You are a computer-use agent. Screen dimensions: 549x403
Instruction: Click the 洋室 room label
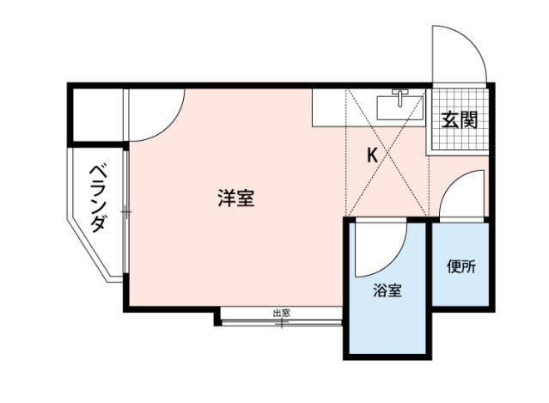pyautogui.click(x=236, y=198)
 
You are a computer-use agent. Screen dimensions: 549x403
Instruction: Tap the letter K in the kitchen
pyautogui.click(x=372, y=155)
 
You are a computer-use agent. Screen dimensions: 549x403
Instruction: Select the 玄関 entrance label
pyautogui.click(x=460, y=119)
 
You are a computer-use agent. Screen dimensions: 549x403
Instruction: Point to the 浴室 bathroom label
pyautogui.click(x=387, y=290)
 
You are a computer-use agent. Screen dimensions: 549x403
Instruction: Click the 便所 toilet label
pyautogui.click(x=461, y=266)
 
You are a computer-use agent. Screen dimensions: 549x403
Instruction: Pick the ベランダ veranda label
pyautogui.click(x=98, y=198)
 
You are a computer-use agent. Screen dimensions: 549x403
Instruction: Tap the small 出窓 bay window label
pyautogui.click(x=282, y=313)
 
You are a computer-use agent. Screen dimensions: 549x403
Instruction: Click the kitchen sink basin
pyautogui.click(x=400, y=107)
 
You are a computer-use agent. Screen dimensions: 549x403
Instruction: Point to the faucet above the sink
pyautogui.click(x=400, y=96)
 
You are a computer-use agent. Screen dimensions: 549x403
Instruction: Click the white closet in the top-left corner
pyautogui.click(x=98, y=114)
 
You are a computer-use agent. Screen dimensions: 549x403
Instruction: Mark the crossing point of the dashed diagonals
pyautogui.click(x=387, y=153)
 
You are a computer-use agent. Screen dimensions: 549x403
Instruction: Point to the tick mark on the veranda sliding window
pyautogui.click(x=126, y=212)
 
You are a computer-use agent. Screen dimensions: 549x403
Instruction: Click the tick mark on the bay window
pyautogui.click(x=281, y=324)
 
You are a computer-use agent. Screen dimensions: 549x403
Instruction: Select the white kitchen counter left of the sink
pyautogui.click(x=329, y=107)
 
